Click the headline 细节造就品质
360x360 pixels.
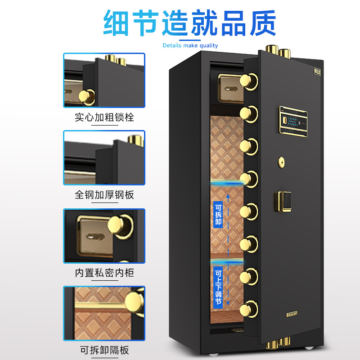pos(189,22)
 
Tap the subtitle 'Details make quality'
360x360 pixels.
pos(190,45)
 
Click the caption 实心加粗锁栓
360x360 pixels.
pos(104,118)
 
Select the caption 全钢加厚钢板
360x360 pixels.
pos(104,195)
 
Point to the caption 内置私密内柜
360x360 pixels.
pos(104,273)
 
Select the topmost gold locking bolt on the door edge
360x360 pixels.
pos(248,82)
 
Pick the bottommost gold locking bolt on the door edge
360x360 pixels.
pos(248,310)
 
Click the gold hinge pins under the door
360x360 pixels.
pos(278,345)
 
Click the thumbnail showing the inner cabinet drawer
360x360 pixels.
pos(104,236)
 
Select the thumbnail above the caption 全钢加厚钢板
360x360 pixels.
pos(104,157)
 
